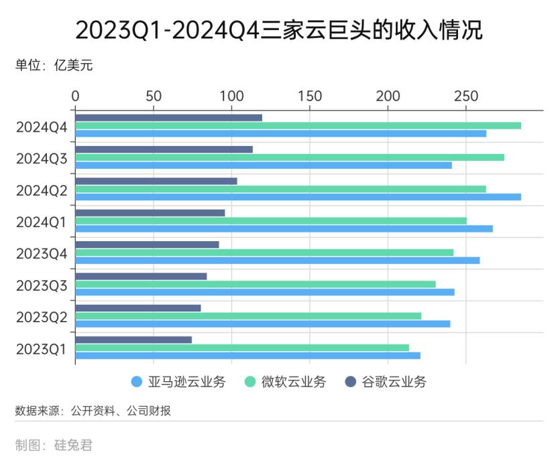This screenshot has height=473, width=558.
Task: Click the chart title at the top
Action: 279,30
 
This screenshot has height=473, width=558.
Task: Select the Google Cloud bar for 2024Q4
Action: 168,118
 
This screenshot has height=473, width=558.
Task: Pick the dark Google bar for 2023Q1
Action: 133,340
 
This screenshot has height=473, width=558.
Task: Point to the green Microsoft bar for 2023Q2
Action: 248,316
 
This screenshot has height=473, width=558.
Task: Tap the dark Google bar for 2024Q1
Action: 150,213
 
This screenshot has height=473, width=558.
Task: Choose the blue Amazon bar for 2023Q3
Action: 265,292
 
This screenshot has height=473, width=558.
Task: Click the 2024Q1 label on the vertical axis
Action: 42,222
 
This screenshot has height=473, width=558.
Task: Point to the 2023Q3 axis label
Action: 42,285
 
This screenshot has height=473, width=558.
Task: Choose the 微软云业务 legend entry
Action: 293,383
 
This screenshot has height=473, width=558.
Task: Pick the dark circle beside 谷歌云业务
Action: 350,383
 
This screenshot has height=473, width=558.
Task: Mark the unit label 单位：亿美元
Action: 54,66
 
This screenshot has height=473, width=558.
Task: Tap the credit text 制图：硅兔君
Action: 54,446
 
